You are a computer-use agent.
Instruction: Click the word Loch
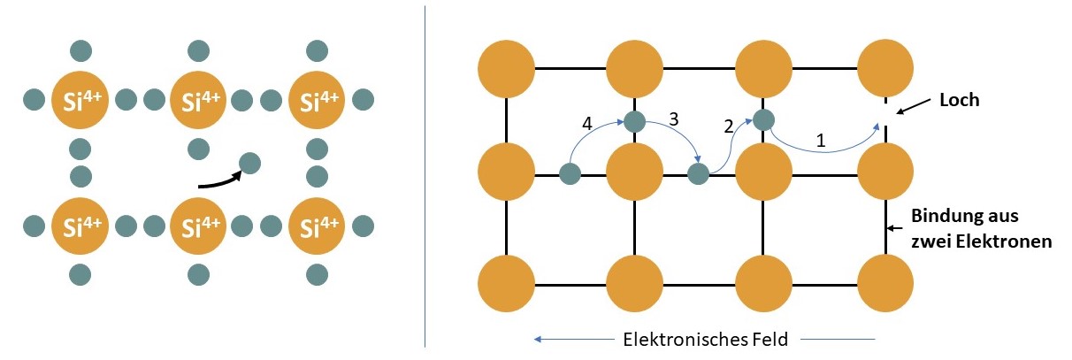tap(960, 100)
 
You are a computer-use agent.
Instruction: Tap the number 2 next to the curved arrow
tap(729, 126)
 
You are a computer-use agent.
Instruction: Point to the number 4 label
tap(586, 124)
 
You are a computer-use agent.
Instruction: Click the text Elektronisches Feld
tap(705, 339)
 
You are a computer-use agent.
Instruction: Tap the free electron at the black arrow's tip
tap(249, 163)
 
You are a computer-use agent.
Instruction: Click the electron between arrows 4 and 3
tap(634, 120)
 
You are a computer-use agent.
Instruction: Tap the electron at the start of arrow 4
tap(570, 174)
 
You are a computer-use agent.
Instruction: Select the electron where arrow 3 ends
tap(698, 174)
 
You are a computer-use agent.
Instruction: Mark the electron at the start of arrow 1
tap(764, 119)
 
